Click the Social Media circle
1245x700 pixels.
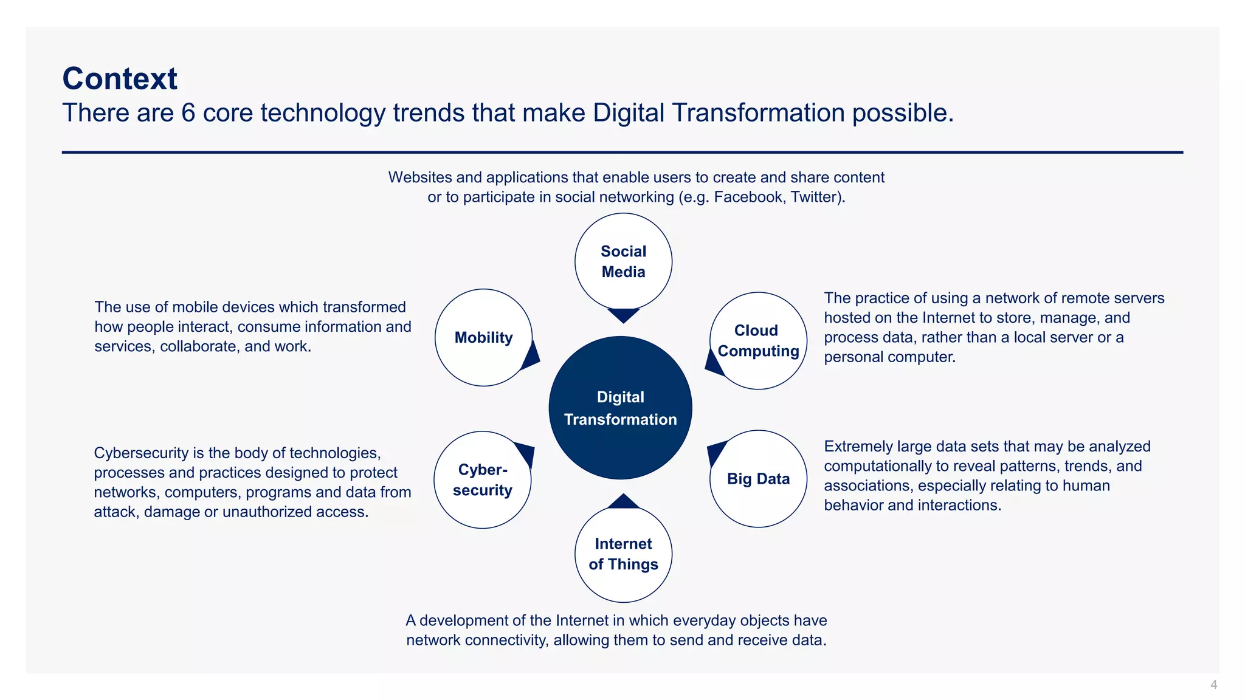623,261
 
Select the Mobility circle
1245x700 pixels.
483,337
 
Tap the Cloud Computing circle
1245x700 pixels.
758,341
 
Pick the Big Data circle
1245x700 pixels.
758,479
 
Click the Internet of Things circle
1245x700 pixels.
623,554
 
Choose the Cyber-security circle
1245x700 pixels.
482,480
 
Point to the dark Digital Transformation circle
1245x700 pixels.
620,408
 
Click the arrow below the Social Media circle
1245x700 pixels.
623,315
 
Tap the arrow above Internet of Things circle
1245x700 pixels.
623,501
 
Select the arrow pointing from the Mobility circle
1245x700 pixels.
531,357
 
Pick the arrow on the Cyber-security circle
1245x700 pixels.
526,453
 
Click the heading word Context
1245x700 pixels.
120,79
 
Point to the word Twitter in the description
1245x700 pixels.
814,197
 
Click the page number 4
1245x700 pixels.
1213,685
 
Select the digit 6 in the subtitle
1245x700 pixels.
188,113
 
